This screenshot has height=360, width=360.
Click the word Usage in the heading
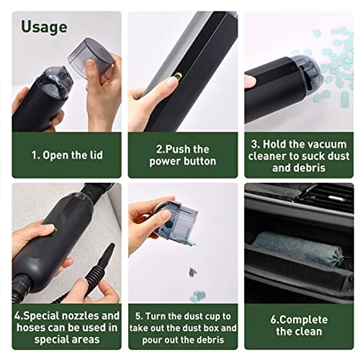point(44,27)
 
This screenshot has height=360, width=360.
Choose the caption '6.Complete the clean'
point(299,324)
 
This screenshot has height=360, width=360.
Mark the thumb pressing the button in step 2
point(162,86)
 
